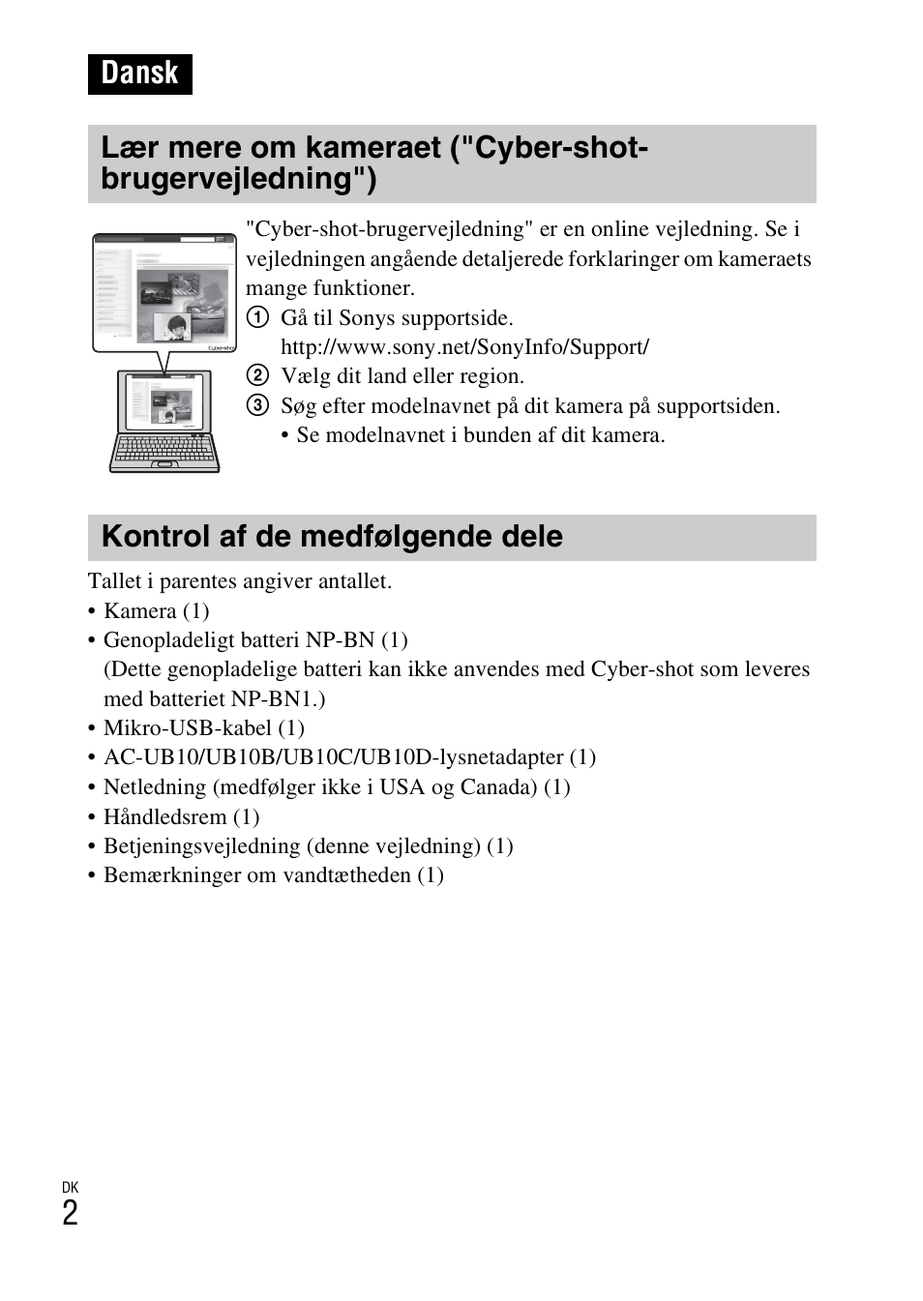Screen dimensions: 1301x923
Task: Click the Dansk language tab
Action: [x=139, y=74]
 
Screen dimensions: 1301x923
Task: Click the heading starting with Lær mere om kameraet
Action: [x=374, y=163]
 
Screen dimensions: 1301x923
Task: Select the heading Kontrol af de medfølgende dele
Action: [x=332, y=537]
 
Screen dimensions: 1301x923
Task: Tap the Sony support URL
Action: [x=464, y=347]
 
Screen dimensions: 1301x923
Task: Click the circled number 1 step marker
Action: [x=256, y=318]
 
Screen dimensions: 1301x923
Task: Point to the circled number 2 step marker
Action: [x=256, y=376]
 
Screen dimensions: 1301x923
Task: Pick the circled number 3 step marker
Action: [x=256, y=406]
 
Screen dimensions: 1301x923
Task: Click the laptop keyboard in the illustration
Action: [x=164, y=450]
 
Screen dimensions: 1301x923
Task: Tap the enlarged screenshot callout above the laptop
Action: [x=164, y=292]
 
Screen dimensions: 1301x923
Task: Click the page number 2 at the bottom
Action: [x=70, y=1214]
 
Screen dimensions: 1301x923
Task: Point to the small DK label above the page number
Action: [x=70, y=1187]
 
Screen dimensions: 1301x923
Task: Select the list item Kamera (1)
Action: [x=156, y=611]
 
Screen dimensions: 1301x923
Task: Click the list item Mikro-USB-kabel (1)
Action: [x=203, y=728]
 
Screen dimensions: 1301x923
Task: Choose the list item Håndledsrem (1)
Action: [x=181, y=817]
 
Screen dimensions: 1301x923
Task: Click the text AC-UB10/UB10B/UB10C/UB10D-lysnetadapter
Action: [x=333, y=757]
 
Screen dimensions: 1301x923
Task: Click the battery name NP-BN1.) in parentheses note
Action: [x=278, y=699]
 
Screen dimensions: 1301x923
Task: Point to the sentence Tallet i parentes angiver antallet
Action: [x=240, y=581]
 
